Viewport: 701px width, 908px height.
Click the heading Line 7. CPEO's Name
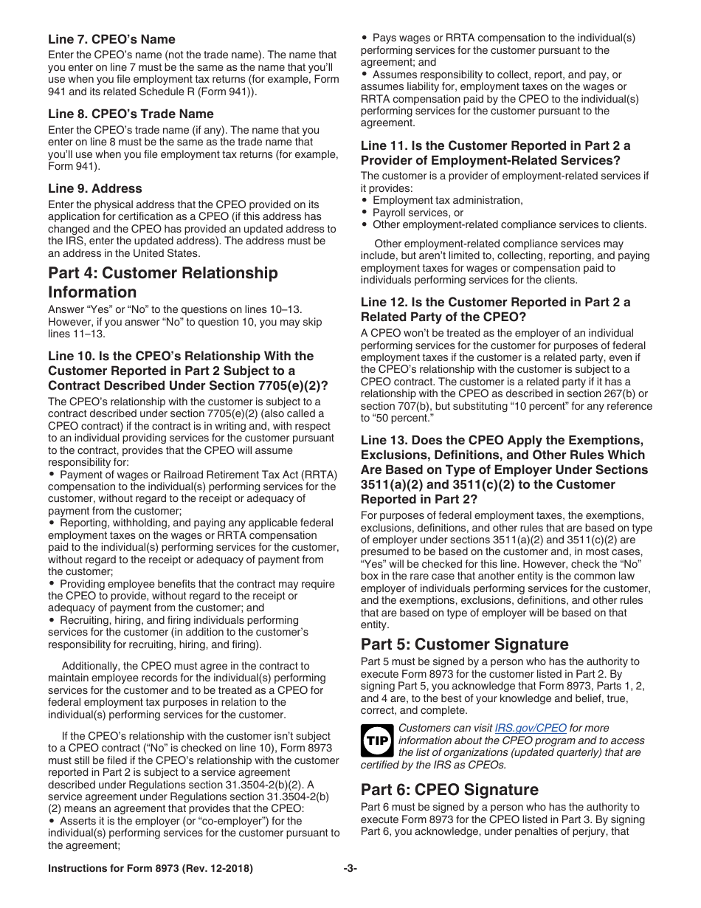coord(111,39)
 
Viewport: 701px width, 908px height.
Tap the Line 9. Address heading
coord(94,188)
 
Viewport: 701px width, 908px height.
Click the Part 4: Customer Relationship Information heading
coord(162,282)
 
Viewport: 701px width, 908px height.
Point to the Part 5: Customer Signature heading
coord(464,644)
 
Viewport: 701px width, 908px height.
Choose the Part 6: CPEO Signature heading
coord(449,789)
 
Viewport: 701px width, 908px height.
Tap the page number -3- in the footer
coord(350,869)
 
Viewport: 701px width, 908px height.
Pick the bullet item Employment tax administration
coord(447,200)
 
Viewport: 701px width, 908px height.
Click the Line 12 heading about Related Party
coord(495,309)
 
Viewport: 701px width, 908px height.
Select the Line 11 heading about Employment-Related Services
coord(495,153)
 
